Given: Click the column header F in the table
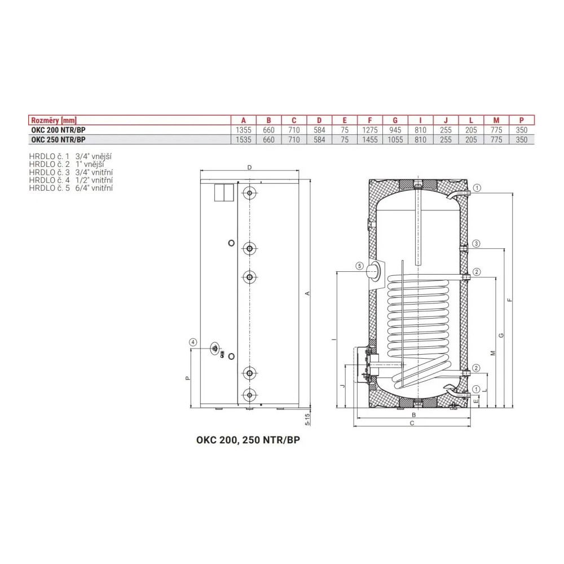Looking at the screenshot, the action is (x=370, y=121).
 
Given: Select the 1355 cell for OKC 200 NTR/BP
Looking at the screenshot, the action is (x=244, y=130).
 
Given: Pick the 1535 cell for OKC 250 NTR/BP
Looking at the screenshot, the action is (x=244, y=140).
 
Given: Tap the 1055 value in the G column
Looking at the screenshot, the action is (x=395, y=140).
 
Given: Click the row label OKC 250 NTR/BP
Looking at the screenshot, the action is (x=58, y=140).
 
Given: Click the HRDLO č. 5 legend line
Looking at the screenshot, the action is (x=71, y=188).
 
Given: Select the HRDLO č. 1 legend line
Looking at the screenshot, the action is (x=70, y=156).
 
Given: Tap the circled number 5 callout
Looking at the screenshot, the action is (x=359, y=266).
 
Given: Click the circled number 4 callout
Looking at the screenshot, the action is (x=193, y=342).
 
